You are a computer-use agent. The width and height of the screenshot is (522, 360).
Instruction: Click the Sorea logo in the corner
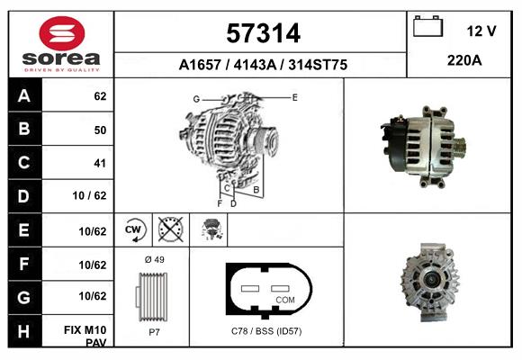coord(61,44)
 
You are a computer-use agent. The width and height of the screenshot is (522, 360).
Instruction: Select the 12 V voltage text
coord(481,31)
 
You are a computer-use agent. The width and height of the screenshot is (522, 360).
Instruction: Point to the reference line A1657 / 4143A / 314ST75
coord(263,65)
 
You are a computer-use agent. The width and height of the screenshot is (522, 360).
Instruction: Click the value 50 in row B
coord(99,130)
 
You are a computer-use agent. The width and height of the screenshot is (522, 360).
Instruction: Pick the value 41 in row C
coord(99,163)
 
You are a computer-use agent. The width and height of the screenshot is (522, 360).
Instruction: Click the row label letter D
coord(23,196)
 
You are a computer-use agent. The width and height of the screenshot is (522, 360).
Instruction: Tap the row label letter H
coord(23,330)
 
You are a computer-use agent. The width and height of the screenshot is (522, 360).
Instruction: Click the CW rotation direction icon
coord(134,230)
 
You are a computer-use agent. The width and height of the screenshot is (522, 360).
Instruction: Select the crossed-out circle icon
coord(169,230)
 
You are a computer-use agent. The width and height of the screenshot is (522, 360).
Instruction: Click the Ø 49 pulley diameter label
coord(154,260)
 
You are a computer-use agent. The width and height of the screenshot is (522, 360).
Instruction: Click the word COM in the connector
coord(285,299)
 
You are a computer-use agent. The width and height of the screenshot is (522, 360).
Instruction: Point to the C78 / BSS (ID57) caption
coord(266,332)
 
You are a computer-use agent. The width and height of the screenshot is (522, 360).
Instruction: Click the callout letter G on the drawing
coord(195,98)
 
